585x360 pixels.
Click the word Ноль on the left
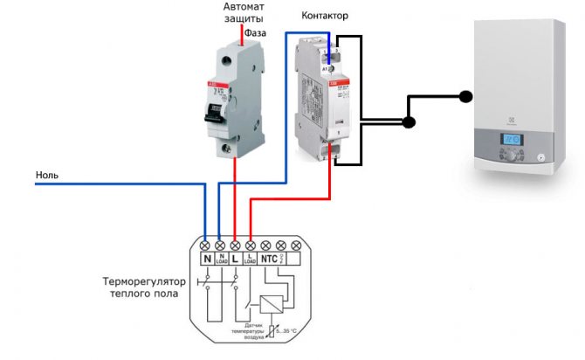[x=47, y=175]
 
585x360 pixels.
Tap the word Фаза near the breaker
[x=255, y=33]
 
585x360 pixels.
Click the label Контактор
[x=324, y=17]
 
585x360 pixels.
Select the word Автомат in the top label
[x=238, y=6]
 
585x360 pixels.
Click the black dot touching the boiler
[x=466, y=96]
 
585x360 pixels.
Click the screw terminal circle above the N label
[x=205, y=246]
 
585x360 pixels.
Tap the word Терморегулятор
[x=141, y=282]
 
